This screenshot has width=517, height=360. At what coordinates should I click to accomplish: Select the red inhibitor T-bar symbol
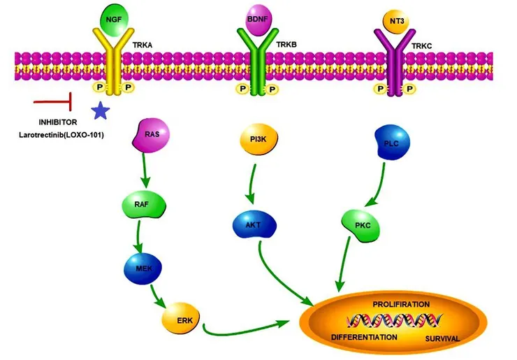point(54,103)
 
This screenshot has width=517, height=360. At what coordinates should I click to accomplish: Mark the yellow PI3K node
point(258,141)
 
